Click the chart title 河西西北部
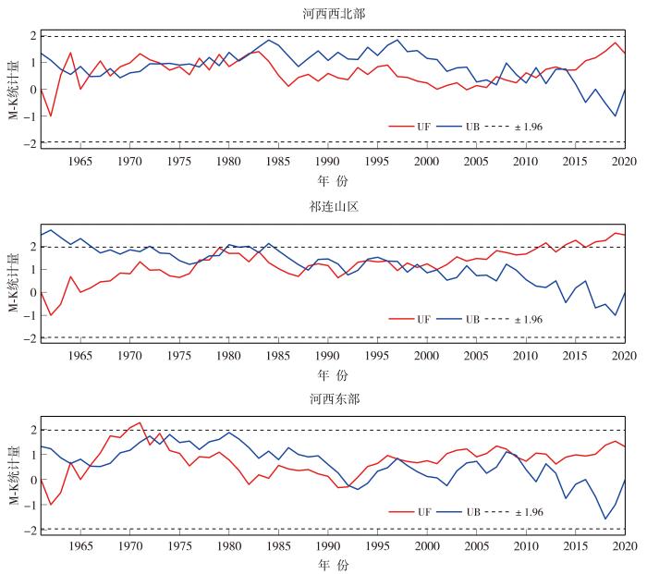pyautogui.click(x=334, y=14)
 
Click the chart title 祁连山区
pyautogui.click(x=334, y=206)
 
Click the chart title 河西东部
pyautogui.click(x=335, y=399)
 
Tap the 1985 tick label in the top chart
pyautogui.click(x=278, y=161)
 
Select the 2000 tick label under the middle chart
pyautogui.click(x=427, y=356)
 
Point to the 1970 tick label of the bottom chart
pyautogui.click(x=130, y=546)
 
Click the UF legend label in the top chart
pyautogui.click(x=423, y=127)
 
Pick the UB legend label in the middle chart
pyautogui.click(x=473, y=320)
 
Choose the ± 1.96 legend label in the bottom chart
pyautogui.click(x=529, y=512)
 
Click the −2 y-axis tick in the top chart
pyautogui.click(x=31, y=143)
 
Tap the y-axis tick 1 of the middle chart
pyautogui.click(x=34, y=270)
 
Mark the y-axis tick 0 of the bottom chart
pyautogui.click(x=34, y=480)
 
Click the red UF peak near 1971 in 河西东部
pyautogui.click(x=140, y=422)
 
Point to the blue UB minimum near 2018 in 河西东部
pyautogui.click(x=605, y=519)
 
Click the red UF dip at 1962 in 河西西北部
pyautogui.click(x=51, y=116)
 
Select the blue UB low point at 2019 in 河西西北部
pyautogui.click(x=616, y=116)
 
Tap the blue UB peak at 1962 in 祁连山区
pyautogui.click(x=51, y=230)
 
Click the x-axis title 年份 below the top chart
pyautogui.click(x=333, y=181)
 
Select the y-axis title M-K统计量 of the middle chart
pyautogui.click(x=14, y=283)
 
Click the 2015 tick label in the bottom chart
pyautogui.click(x=576, y=546)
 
